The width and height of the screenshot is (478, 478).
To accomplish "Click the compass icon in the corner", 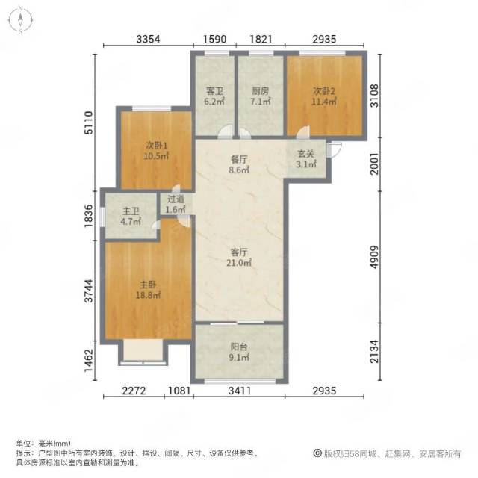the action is coord(20,20).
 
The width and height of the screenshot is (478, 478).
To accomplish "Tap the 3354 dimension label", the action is coord(148,39).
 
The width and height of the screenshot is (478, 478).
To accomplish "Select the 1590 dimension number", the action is coord(214,39).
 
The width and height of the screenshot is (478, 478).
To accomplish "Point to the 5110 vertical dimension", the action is coord(89,122).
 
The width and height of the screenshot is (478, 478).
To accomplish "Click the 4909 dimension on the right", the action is coord(374,257).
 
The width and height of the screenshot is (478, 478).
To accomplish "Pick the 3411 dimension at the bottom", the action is coord(239,391).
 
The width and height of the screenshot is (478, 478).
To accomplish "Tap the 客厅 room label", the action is coord(239,252).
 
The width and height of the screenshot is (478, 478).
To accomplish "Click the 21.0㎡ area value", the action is coord(239,262).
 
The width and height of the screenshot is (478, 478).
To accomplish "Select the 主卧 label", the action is coord(148,285).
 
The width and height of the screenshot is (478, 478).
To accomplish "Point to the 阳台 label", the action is coord(239,347).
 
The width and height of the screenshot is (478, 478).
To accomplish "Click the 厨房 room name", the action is coord(260,91).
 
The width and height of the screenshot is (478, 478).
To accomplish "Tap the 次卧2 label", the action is coord(323,91).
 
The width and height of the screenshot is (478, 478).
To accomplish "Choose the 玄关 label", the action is coord(305,154).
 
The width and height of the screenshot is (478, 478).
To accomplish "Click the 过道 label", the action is coord(176,199).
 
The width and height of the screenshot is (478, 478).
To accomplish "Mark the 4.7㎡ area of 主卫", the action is coord(131,221).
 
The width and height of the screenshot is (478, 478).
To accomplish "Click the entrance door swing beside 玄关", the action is coord(334,150).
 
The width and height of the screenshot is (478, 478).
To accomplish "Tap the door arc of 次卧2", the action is coord(303,131).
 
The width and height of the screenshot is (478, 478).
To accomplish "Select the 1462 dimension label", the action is coord(89,360).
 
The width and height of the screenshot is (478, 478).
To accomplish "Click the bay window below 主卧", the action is coord(143,353).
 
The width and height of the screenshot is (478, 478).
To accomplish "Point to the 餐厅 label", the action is coord(239,159).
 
